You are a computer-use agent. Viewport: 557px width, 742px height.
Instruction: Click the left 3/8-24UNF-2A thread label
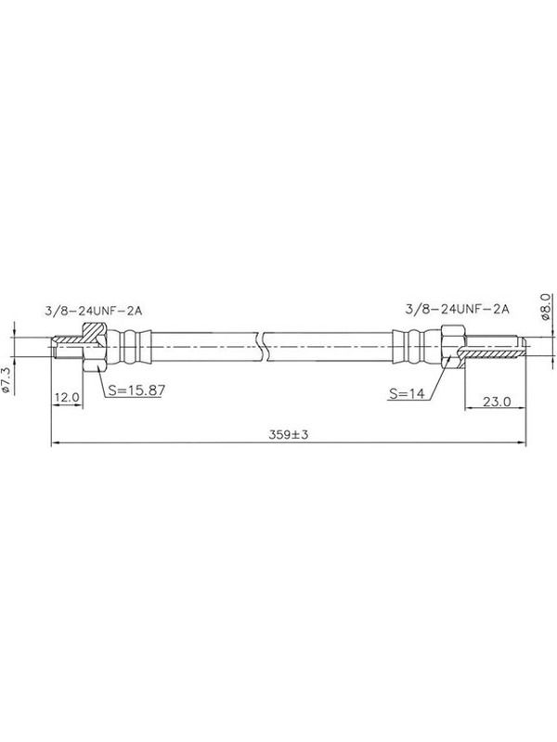(94, 311)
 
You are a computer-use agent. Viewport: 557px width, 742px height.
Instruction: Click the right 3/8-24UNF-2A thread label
(457, 309)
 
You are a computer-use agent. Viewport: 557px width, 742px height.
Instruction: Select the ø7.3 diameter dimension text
(6, 380)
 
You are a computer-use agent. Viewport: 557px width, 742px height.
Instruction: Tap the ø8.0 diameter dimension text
(545, 307)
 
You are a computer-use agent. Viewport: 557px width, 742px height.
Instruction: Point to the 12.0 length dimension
(67, 398)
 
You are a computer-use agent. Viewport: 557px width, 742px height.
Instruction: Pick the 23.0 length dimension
(497, 402)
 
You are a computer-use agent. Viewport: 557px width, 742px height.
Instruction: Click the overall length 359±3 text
(289, 434)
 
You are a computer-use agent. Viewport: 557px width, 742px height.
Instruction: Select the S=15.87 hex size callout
(136, 390)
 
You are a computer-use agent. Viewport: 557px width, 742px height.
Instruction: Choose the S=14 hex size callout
(407, 392)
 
